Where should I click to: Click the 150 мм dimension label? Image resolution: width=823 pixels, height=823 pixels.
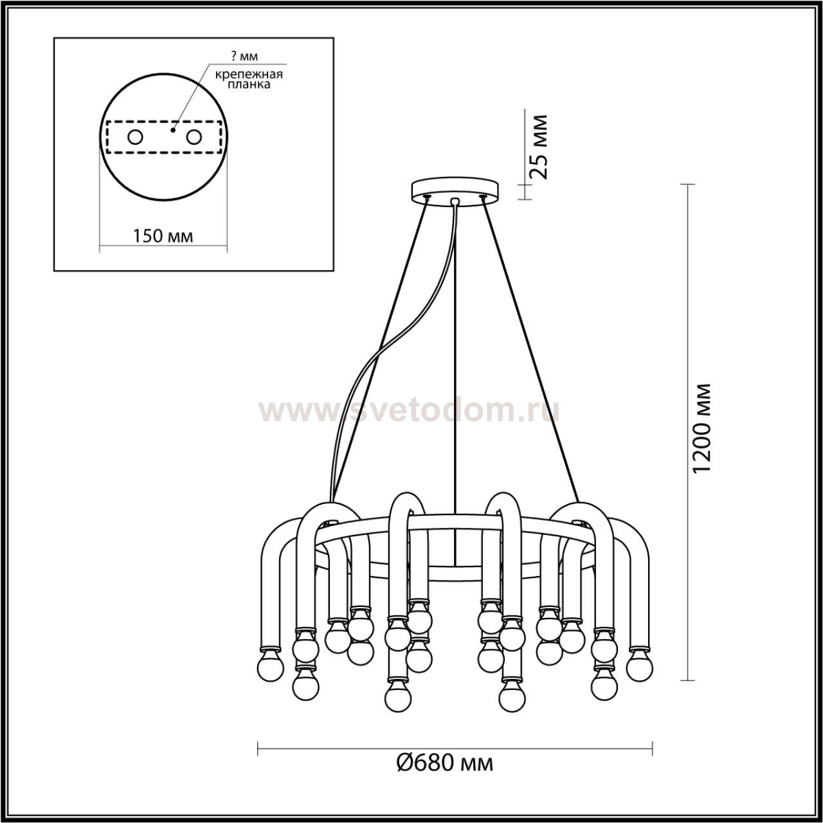163,236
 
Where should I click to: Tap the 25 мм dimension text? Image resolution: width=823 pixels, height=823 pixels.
538,147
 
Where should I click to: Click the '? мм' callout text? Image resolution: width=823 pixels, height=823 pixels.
244,56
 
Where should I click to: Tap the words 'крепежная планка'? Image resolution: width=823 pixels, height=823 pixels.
249,79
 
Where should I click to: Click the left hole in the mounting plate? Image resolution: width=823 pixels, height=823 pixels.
136,138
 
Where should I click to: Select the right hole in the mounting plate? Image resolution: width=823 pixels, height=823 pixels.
194,138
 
